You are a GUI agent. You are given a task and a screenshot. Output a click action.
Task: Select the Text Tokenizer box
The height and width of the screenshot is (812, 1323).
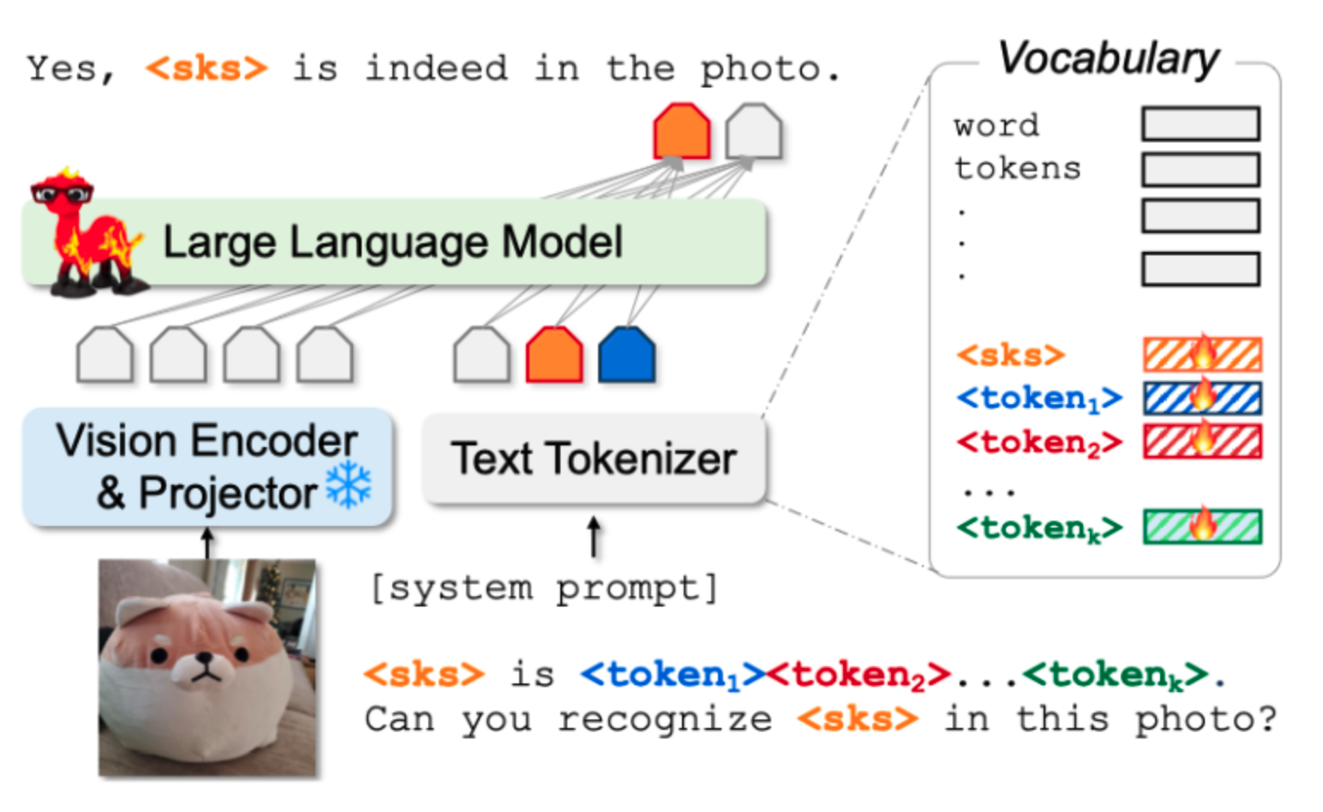[593, 459]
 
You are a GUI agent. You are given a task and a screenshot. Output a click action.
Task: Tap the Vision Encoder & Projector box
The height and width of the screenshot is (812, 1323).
[207, 467]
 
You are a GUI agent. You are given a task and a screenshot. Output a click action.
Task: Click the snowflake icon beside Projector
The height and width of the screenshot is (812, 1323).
[349, 486]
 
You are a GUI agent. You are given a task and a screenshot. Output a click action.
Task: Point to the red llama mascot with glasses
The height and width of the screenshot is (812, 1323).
[86, 231]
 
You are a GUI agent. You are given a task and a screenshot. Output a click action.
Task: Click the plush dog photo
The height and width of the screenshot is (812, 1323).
[207, 668]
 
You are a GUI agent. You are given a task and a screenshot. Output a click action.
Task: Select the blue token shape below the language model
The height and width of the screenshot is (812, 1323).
[627, 355]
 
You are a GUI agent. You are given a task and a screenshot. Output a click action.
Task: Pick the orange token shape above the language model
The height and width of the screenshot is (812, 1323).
[682, 132]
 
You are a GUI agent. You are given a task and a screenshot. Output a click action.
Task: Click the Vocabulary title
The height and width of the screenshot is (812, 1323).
[1108, 59]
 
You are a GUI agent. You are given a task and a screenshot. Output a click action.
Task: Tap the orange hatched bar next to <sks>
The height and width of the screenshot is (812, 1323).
[1202, 355]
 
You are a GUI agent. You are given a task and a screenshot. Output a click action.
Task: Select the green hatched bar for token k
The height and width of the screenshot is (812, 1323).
[1202, 527]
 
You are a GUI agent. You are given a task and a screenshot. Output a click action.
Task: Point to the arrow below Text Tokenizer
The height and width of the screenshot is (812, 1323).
[593, 536]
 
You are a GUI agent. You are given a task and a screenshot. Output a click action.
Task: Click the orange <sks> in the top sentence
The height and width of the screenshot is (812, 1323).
[207, 69]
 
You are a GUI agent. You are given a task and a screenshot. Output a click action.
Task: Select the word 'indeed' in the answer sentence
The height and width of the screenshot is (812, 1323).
[436, 69]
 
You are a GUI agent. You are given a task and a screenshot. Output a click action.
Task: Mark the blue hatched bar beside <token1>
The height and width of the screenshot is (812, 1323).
[1202, 398]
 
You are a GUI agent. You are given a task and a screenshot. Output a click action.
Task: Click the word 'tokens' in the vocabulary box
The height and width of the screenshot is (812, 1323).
[1017, 168]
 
